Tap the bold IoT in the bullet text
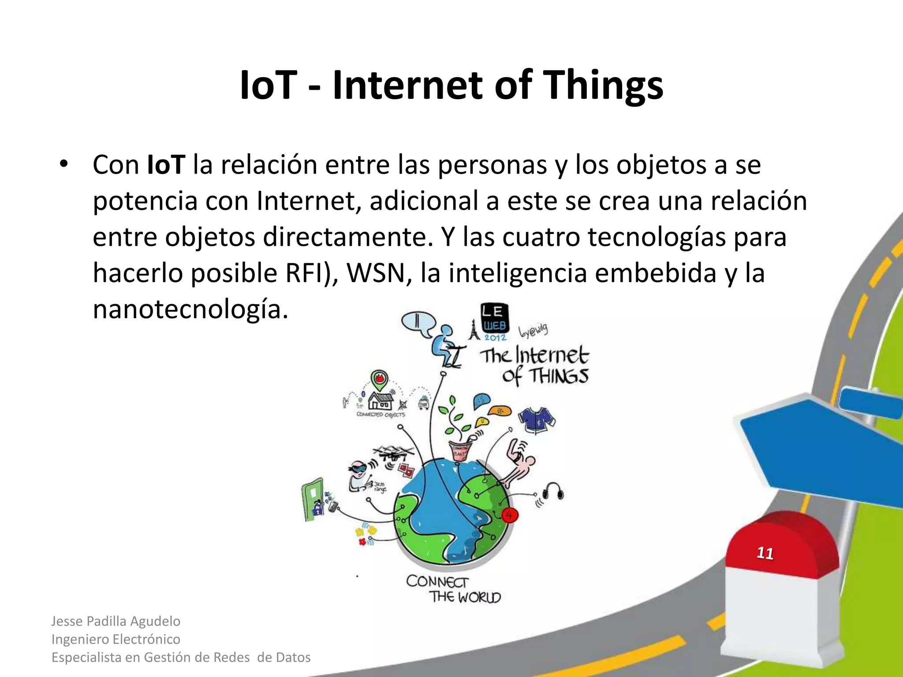coord(166,165)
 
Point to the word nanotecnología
coord(190,309)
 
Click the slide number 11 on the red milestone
coord(765,553)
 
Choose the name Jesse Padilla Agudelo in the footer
coord(116,621)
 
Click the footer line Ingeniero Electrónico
coord(116,639)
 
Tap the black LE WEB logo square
coord(494,318)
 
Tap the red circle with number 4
coord(509,514)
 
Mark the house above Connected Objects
coord(381,401)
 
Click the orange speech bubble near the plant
coord(499,410)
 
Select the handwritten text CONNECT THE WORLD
coord(453,589)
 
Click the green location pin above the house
coord(379,378)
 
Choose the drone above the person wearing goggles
coord(393,452)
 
